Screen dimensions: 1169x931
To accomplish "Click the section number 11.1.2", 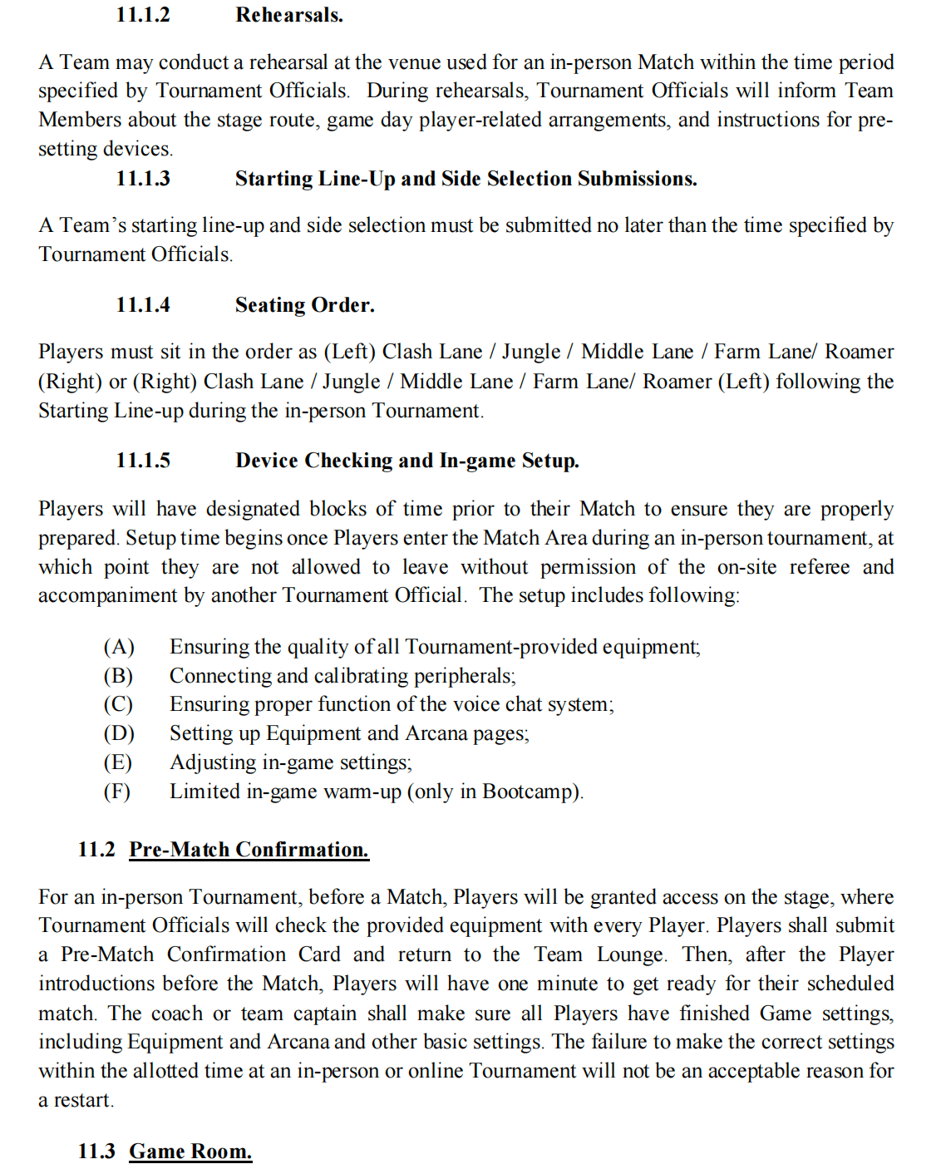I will pyautogui.click(x=143, y=15).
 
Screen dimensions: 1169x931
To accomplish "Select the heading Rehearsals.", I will pyautogui.click(x=288, y=15).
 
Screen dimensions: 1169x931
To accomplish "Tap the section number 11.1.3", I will pyautogui.click(x=143, y=179).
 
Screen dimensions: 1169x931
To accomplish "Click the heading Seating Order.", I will pyautogui.click(x=304, y=305).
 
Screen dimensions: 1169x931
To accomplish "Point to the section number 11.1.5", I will pyautogui.click(x=143, y=461).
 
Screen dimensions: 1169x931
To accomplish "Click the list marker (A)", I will pyautogui.click(x=119, y=647).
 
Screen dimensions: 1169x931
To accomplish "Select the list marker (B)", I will pyautogui.click(x=118, y=676).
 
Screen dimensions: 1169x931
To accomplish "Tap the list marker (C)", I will pyautogui.click(x=118, y=704).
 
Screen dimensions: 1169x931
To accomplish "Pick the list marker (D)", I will pyautogui.click(x=119, y=733).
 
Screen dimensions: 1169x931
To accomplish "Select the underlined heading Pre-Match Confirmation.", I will pyautogui.click(x=249, y=850).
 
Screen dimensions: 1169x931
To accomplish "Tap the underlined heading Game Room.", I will pyautogui.click(x=190, y=1152).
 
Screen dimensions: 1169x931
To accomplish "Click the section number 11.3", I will pyautogui.click(x=96, y=1152).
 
